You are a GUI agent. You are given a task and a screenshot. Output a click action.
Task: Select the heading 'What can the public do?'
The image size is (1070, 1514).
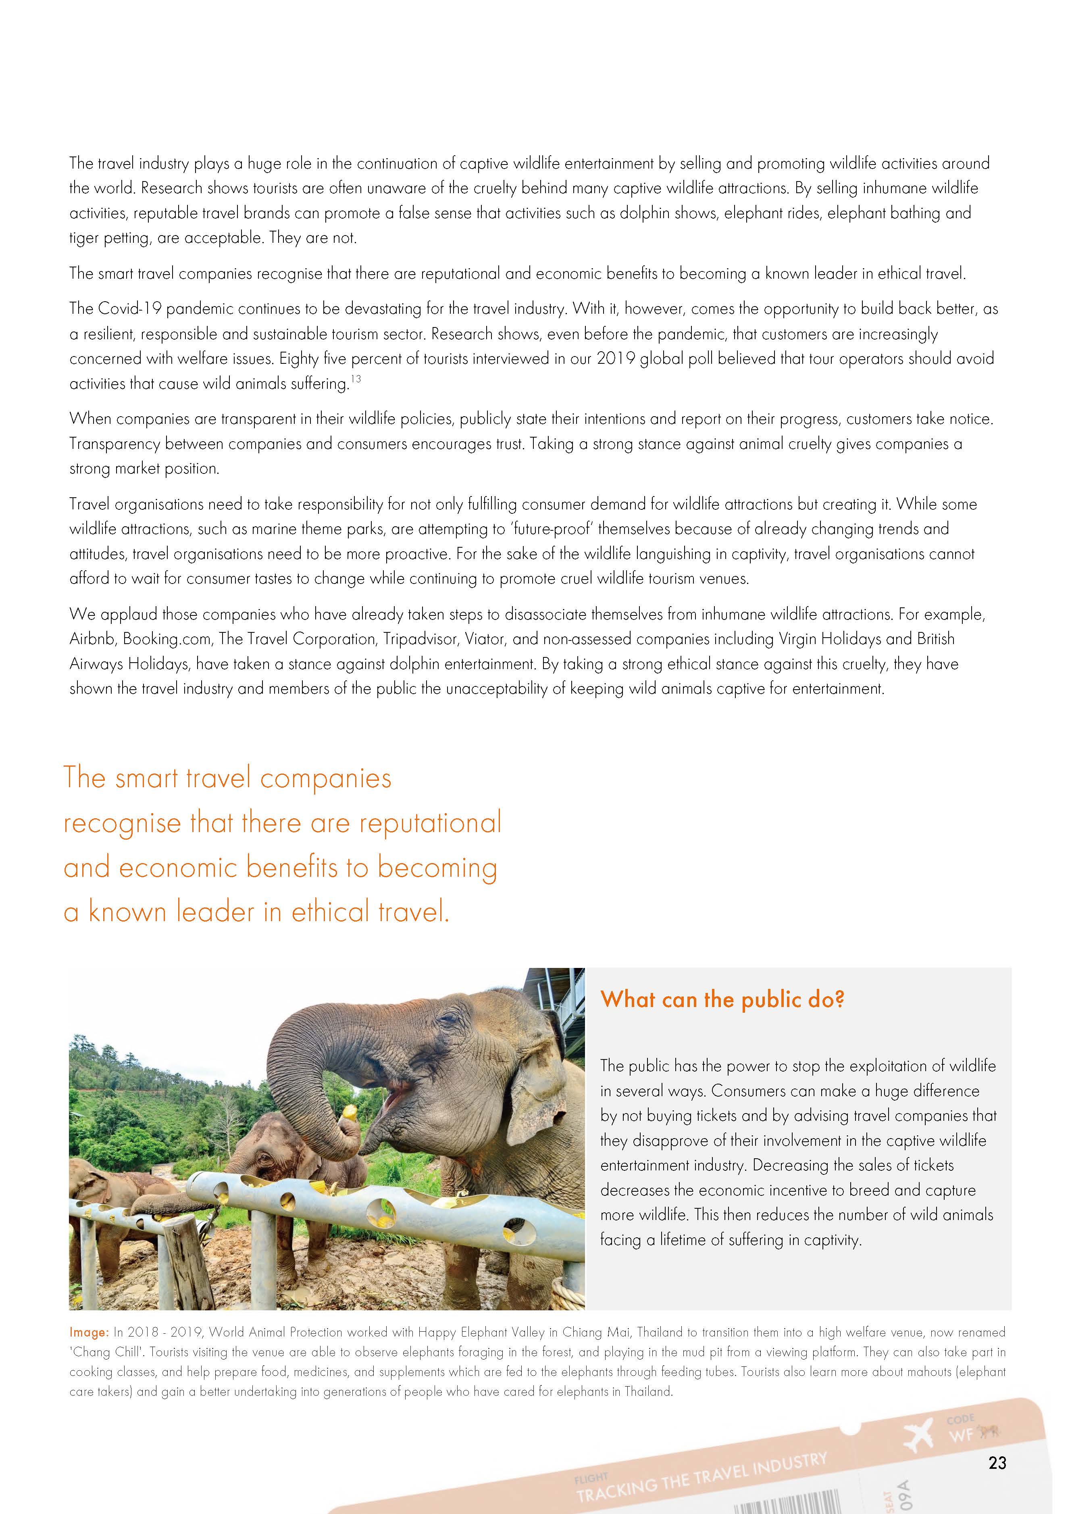(722, 1000)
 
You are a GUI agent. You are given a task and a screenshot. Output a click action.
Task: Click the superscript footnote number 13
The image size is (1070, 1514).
(356, 379)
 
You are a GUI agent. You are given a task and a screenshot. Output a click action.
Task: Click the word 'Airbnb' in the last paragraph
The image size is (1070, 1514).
(92, 639)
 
